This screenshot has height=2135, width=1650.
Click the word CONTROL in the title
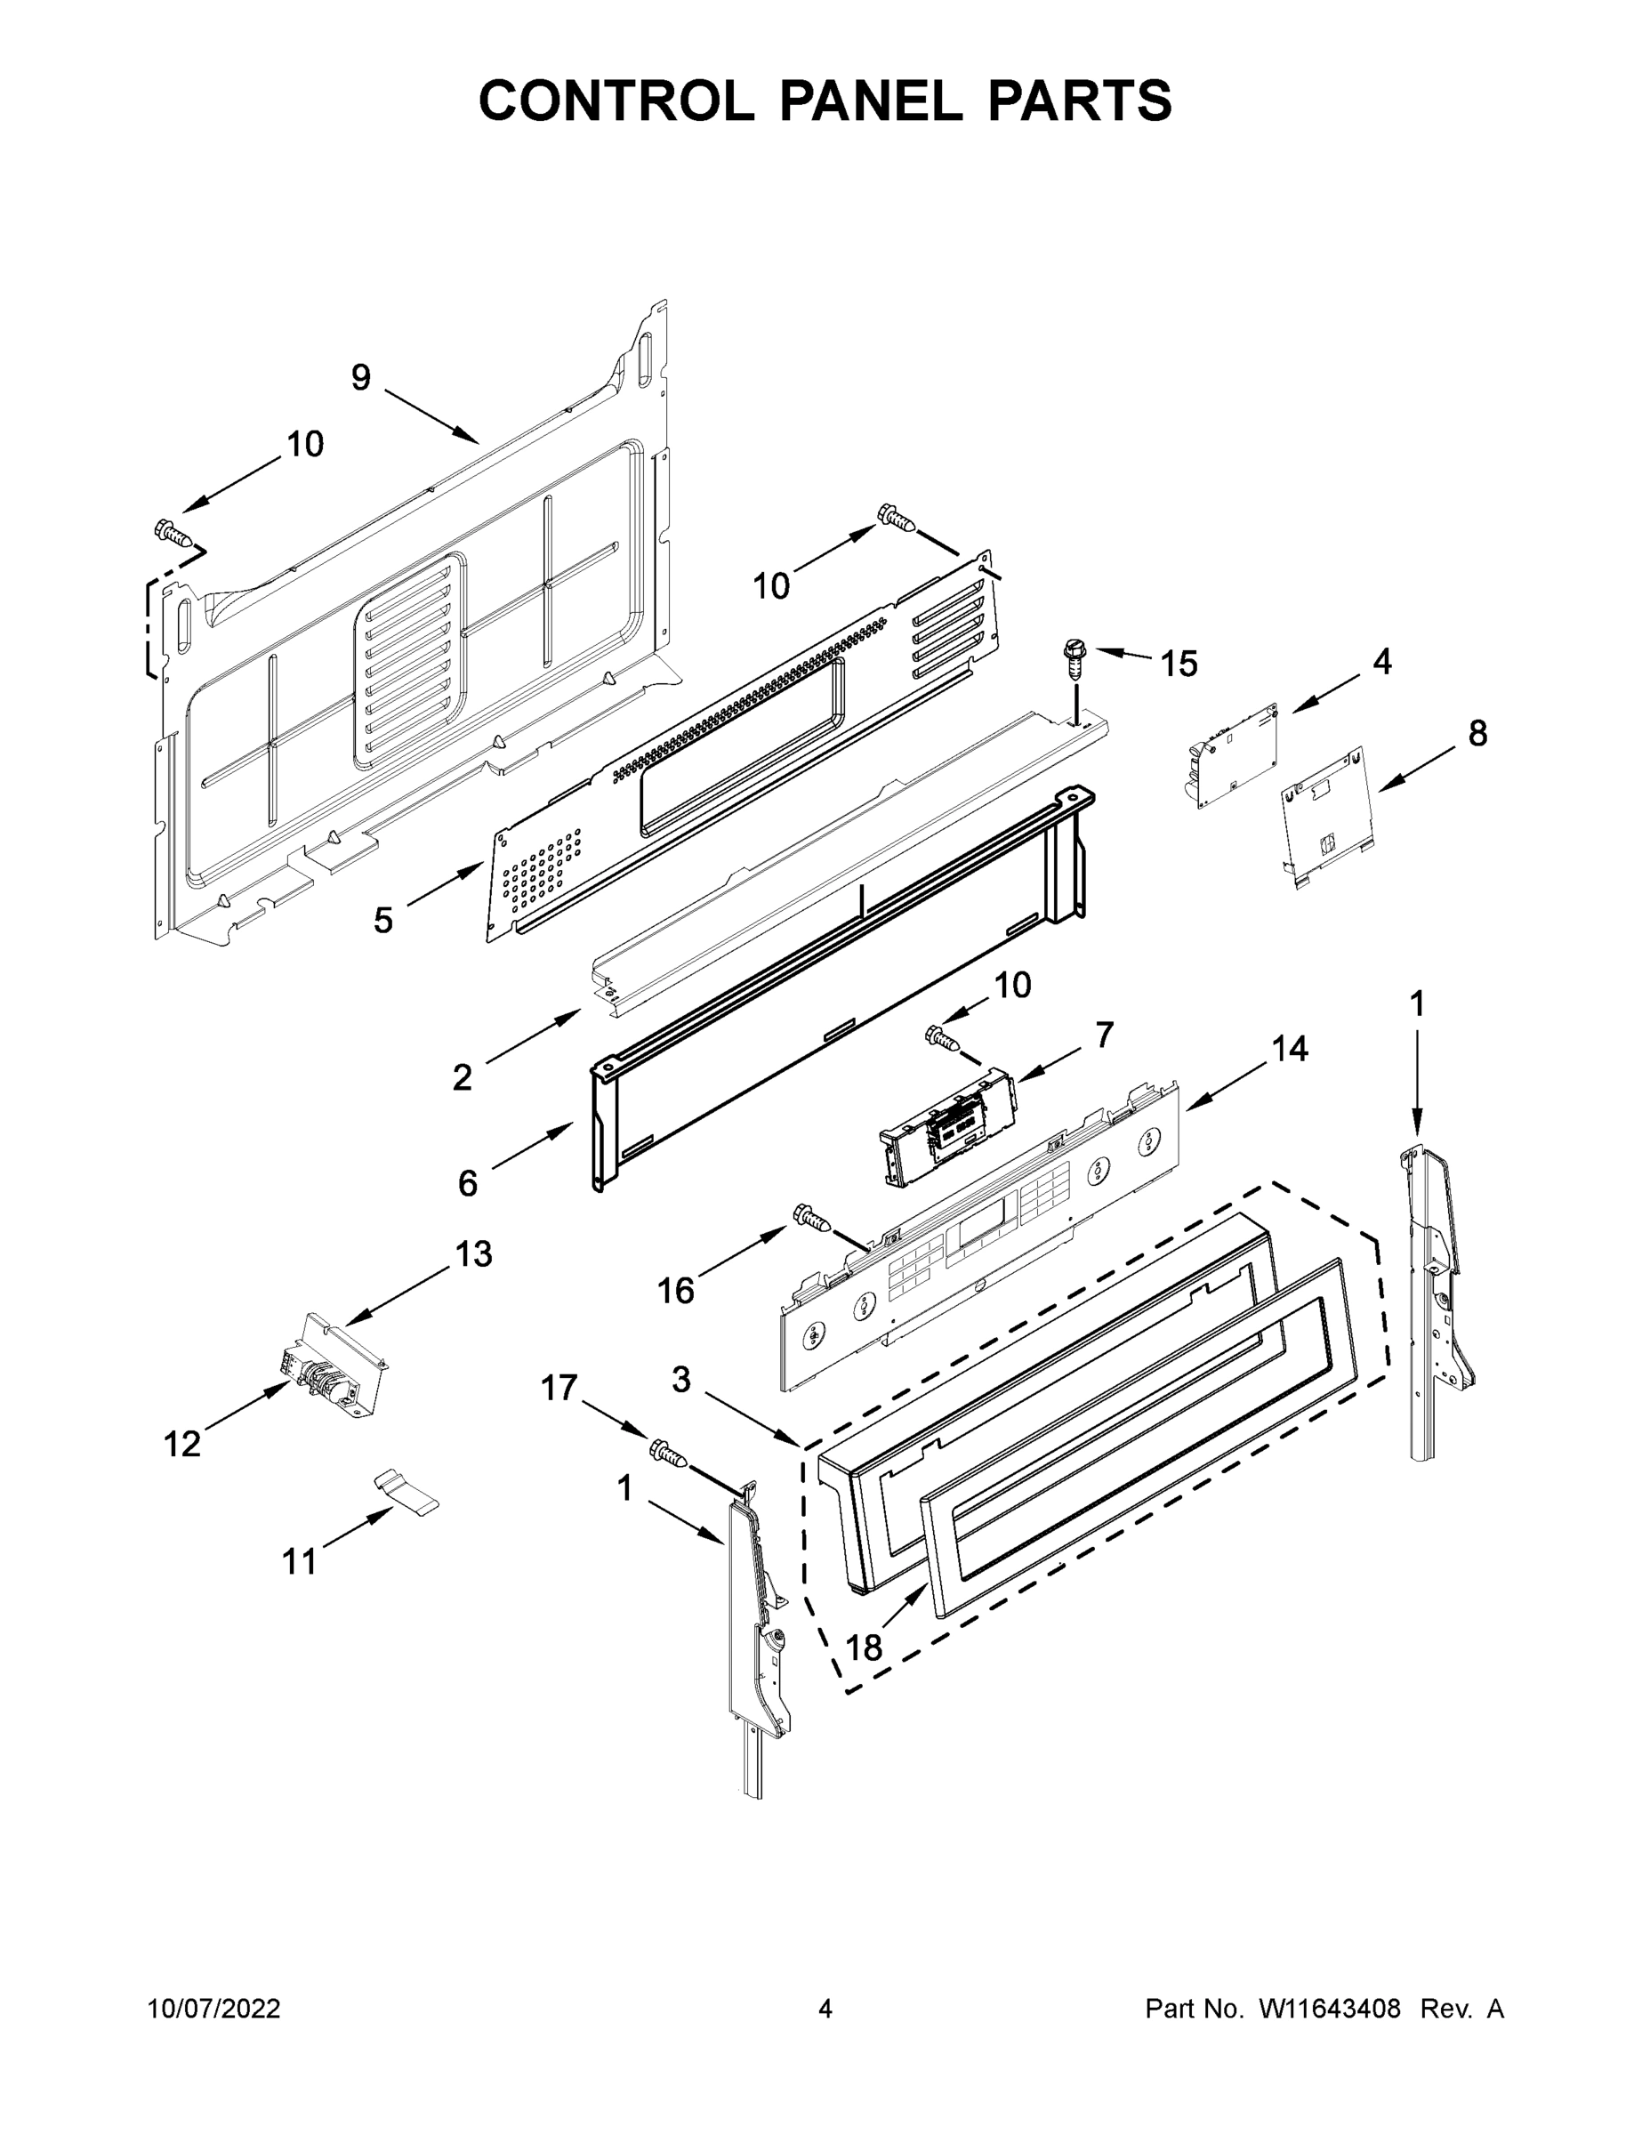tap(616, 101)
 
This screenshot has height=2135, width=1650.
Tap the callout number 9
tap(361, 377)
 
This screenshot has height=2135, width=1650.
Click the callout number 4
tap(1381, 662)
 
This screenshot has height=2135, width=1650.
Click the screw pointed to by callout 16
tap(812, 1216)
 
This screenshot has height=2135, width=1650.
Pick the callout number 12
tap(181, 1443)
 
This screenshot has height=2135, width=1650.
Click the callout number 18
tap(864, 1648)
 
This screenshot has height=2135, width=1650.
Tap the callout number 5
tap(383, 919)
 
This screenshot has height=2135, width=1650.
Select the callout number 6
tap(468, 1183)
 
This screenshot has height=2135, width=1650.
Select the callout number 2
tap(463, 1077)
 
